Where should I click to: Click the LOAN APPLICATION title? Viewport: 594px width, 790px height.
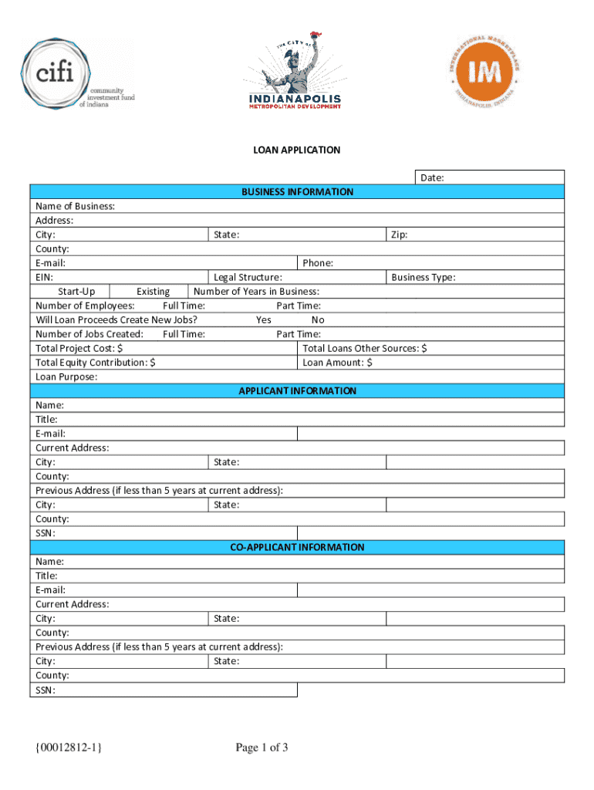[297, 150]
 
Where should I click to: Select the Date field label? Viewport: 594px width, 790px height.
[431, 178]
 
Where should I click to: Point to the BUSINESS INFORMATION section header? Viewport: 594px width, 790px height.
[297, 192]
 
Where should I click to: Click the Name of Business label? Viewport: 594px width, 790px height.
[76, 206]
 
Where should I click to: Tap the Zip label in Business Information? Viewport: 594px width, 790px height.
[399, 235]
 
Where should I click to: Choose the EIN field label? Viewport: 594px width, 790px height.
[45, 277]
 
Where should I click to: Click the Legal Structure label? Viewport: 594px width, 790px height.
[248, 277]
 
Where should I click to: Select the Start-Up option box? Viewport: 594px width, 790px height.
[76, 292]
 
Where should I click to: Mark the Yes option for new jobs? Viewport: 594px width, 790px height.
[264, 319]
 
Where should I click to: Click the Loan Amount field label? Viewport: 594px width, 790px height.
[337, 363]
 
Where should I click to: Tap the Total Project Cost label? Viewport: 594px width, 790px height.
[79, 349]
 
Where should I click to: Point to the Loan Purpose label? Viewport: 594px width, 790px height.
[66, 377]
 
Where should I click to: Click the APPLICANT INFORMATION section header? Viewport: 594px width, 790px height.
[297, 391]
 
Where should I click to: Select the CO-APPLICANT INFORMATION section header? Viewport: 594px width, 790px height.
[297, 548]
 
